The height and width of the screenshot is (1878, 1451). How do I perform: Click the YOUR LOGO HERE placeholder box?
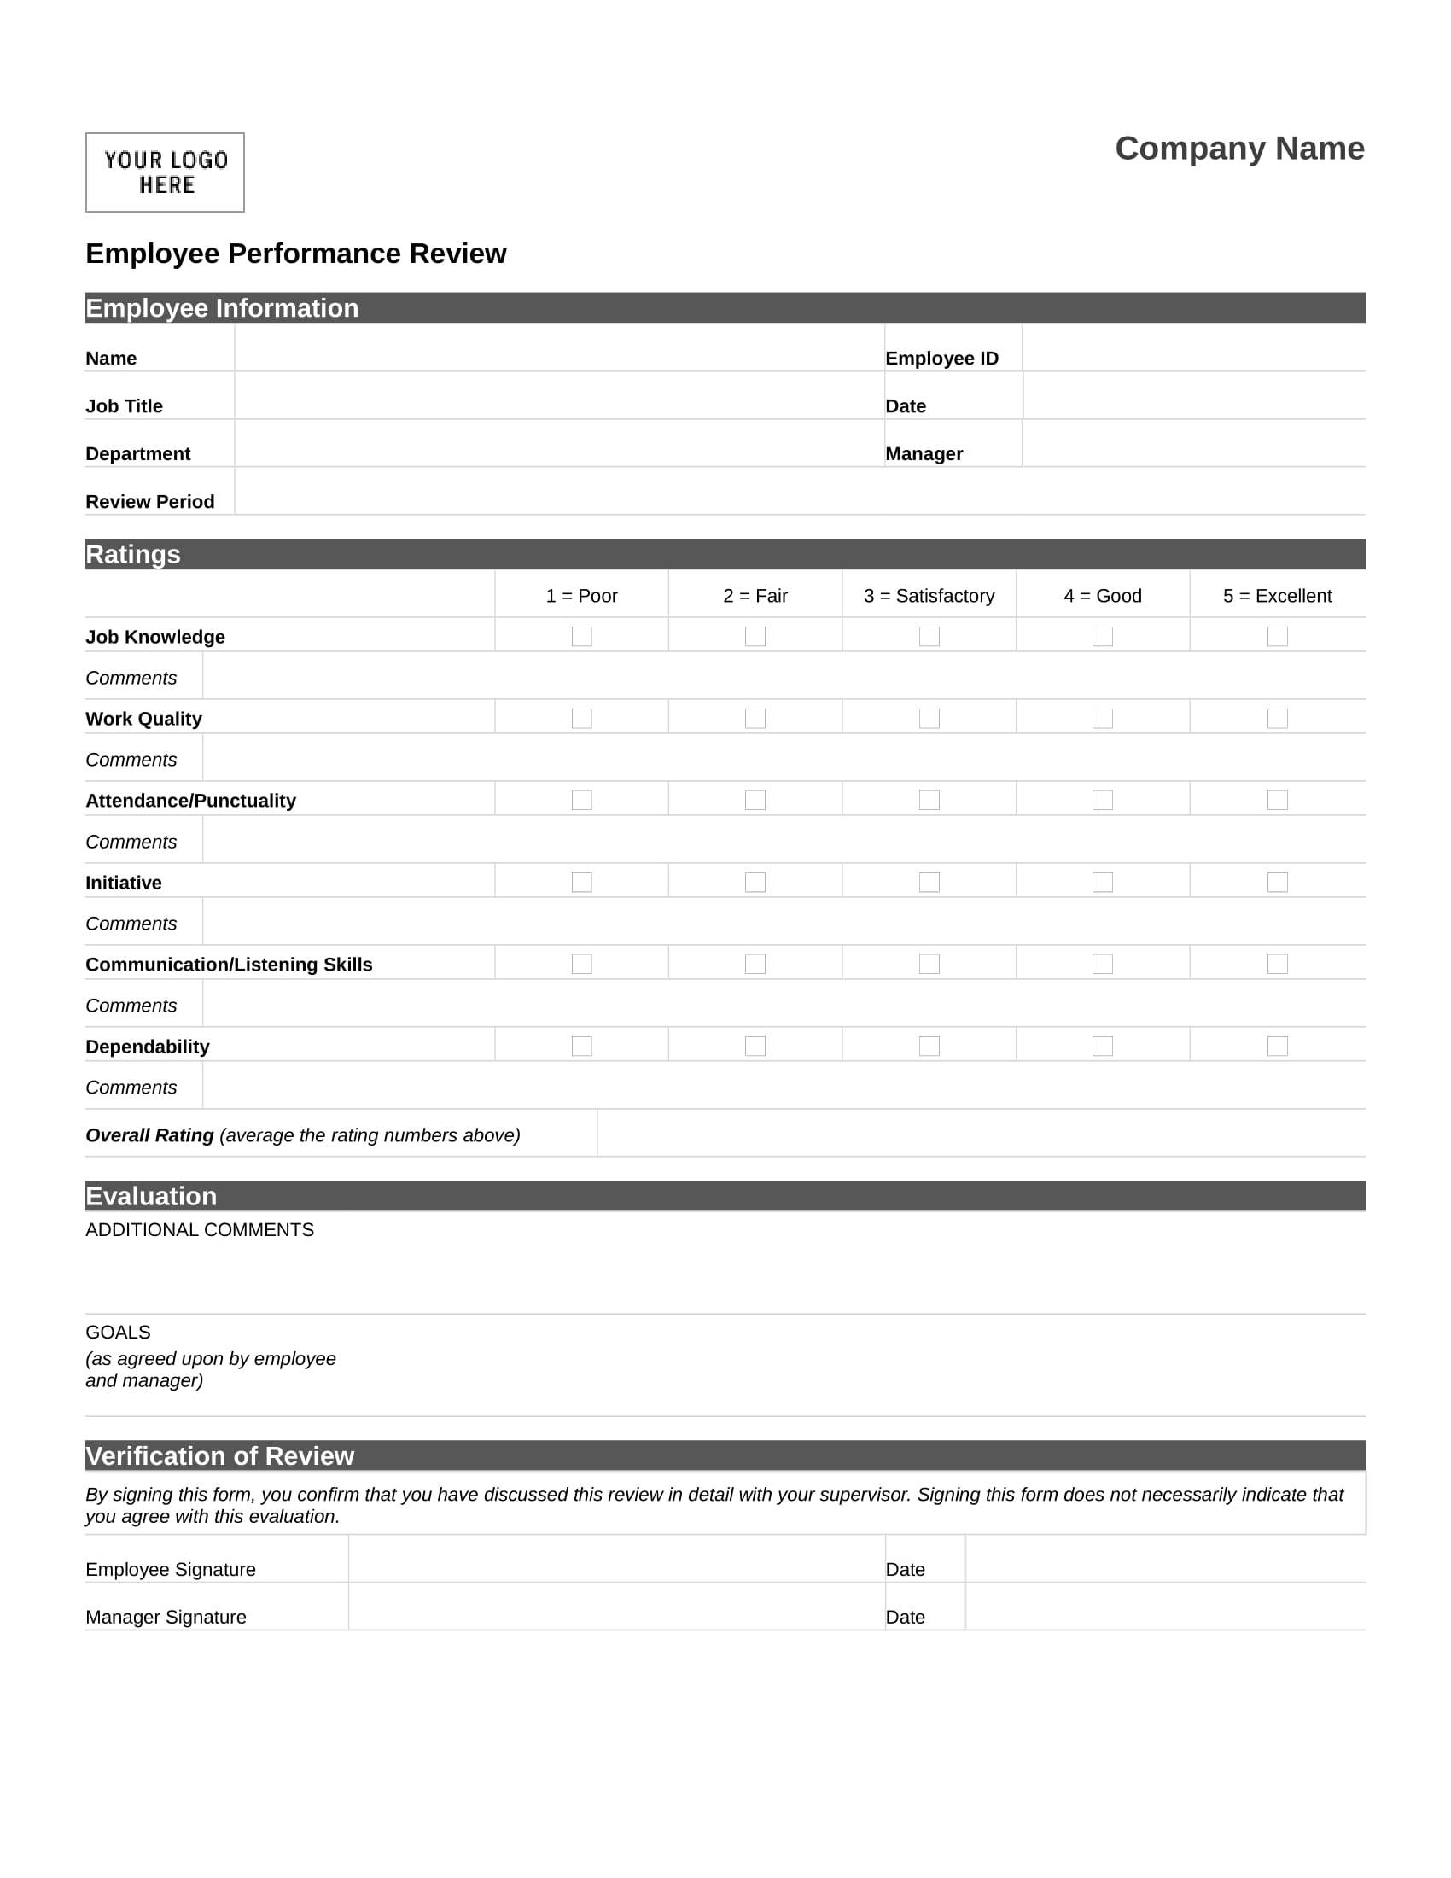[165, 172]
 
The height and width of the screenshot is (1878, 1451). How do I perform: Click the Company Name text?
[1238, 149]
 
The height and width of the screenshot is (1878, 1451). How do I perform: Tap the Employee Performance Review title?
[295, 254]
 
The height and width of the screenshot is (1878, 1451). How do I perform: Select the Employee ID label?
[941, 359]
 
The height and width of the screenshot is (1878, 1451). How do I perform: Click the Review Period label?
[149, 501]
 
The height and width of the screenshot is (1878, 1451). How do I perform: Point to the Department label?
[137, 454]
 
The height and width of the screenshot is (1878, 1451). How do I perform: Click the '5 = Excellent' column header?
[1277, 596]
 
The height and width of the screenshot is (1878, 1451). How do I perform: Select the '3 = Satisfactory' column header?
[929, 596]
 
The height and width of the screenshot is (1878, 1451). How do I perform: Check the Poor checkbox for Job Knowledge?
[582, 636]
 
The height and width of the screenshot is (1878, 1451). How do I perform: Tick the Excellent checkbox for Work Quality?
[1278, 718]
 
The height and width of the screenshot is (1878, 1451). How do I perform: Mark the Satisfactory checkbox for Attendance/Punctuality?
[929, 800]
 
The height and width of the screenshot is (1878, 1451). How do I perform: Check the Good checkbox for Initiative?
[1103, 883]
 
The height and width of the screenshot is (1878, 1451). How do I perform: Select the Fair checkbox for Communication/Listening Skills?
[755, 964]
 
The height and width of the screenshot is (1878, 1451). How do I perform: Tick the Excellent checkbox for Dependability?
[1278, 1046]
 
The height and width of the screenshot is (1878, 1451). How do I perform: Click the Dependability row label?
[147, 1047]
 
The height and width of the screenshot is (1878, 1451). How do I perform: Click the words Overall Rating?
[149, 1135]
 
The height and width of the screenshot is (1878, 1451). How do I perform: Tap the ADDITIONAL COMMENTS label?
[200, 1229]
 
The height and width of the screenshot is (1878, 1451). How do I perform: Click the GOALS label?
[118, 1332]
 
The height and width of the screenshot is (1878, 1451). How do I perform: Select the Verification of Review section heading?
[219, 1455]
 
